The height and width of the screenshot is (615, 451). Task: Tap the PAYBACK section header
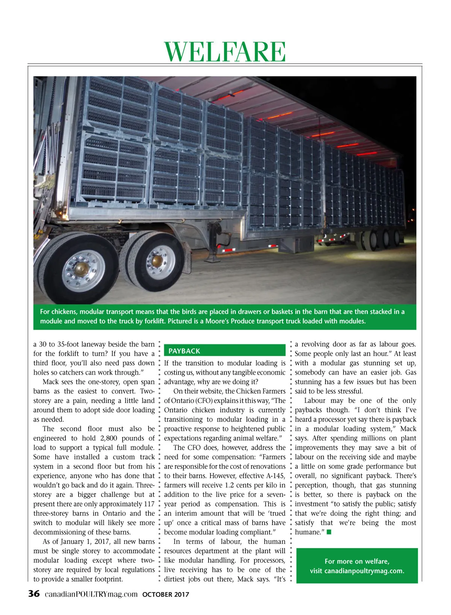[x=184, y=351]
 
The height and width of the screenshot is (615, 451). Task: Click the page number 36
[x=34, y=594]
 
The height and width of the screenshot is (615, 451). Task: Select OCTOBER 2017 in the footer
[x=166, y=595]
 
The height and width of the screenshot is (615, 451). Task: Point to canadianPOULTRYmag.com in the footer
[x=91, y=594]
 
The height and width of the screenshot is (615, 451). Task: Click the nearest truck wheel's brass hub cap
[x=81, y=268]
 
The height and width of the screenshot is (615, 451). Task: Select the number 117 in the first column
[x=149, y=504]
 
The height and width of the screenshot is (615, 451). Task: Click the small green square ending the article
[x=329, y=532]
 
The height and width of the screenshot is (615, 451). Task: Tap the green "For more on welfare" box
[x=357, y=566]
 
